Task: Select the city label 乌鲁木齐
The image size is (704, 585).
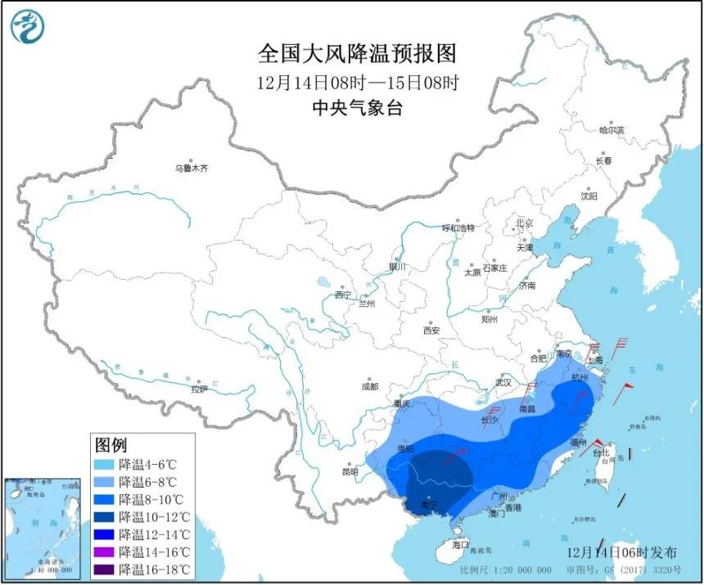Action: tap(192, 168)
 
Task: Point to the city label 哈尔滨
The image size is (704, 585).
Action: tap(611, 130)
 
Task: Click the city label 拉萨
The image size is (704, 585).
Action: tap(200, 389)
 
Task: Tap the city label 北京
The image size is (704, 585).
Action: tap(524, 223)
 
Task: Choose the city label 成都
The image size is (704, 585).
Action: tap(369, 386)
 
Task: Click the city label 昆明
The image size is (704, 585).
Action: tap(350, 472)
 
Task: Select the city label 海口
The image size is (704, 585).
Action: tap(460, 544)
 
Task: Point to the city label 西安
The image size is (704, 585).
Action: tap(431, 331)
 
